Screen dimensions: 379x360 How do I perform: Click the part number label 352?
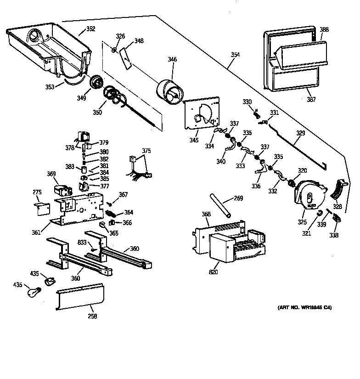90,29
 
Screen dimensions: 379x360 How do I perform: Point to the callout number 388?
324,29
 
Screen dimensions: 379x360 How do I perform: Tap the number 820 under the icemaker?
213,272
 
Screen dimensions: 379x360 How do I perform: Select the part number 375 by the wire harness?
146,150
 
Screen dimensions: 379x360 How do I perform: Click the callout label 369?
51,174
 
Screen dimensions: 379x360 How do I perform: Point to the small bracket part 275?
43,208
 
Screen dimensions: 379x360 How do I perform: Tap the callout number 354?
235,55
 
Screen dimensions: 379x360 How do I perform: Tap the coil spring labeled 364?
112,213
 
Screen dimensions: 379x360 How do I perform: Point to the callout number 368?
206,214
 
